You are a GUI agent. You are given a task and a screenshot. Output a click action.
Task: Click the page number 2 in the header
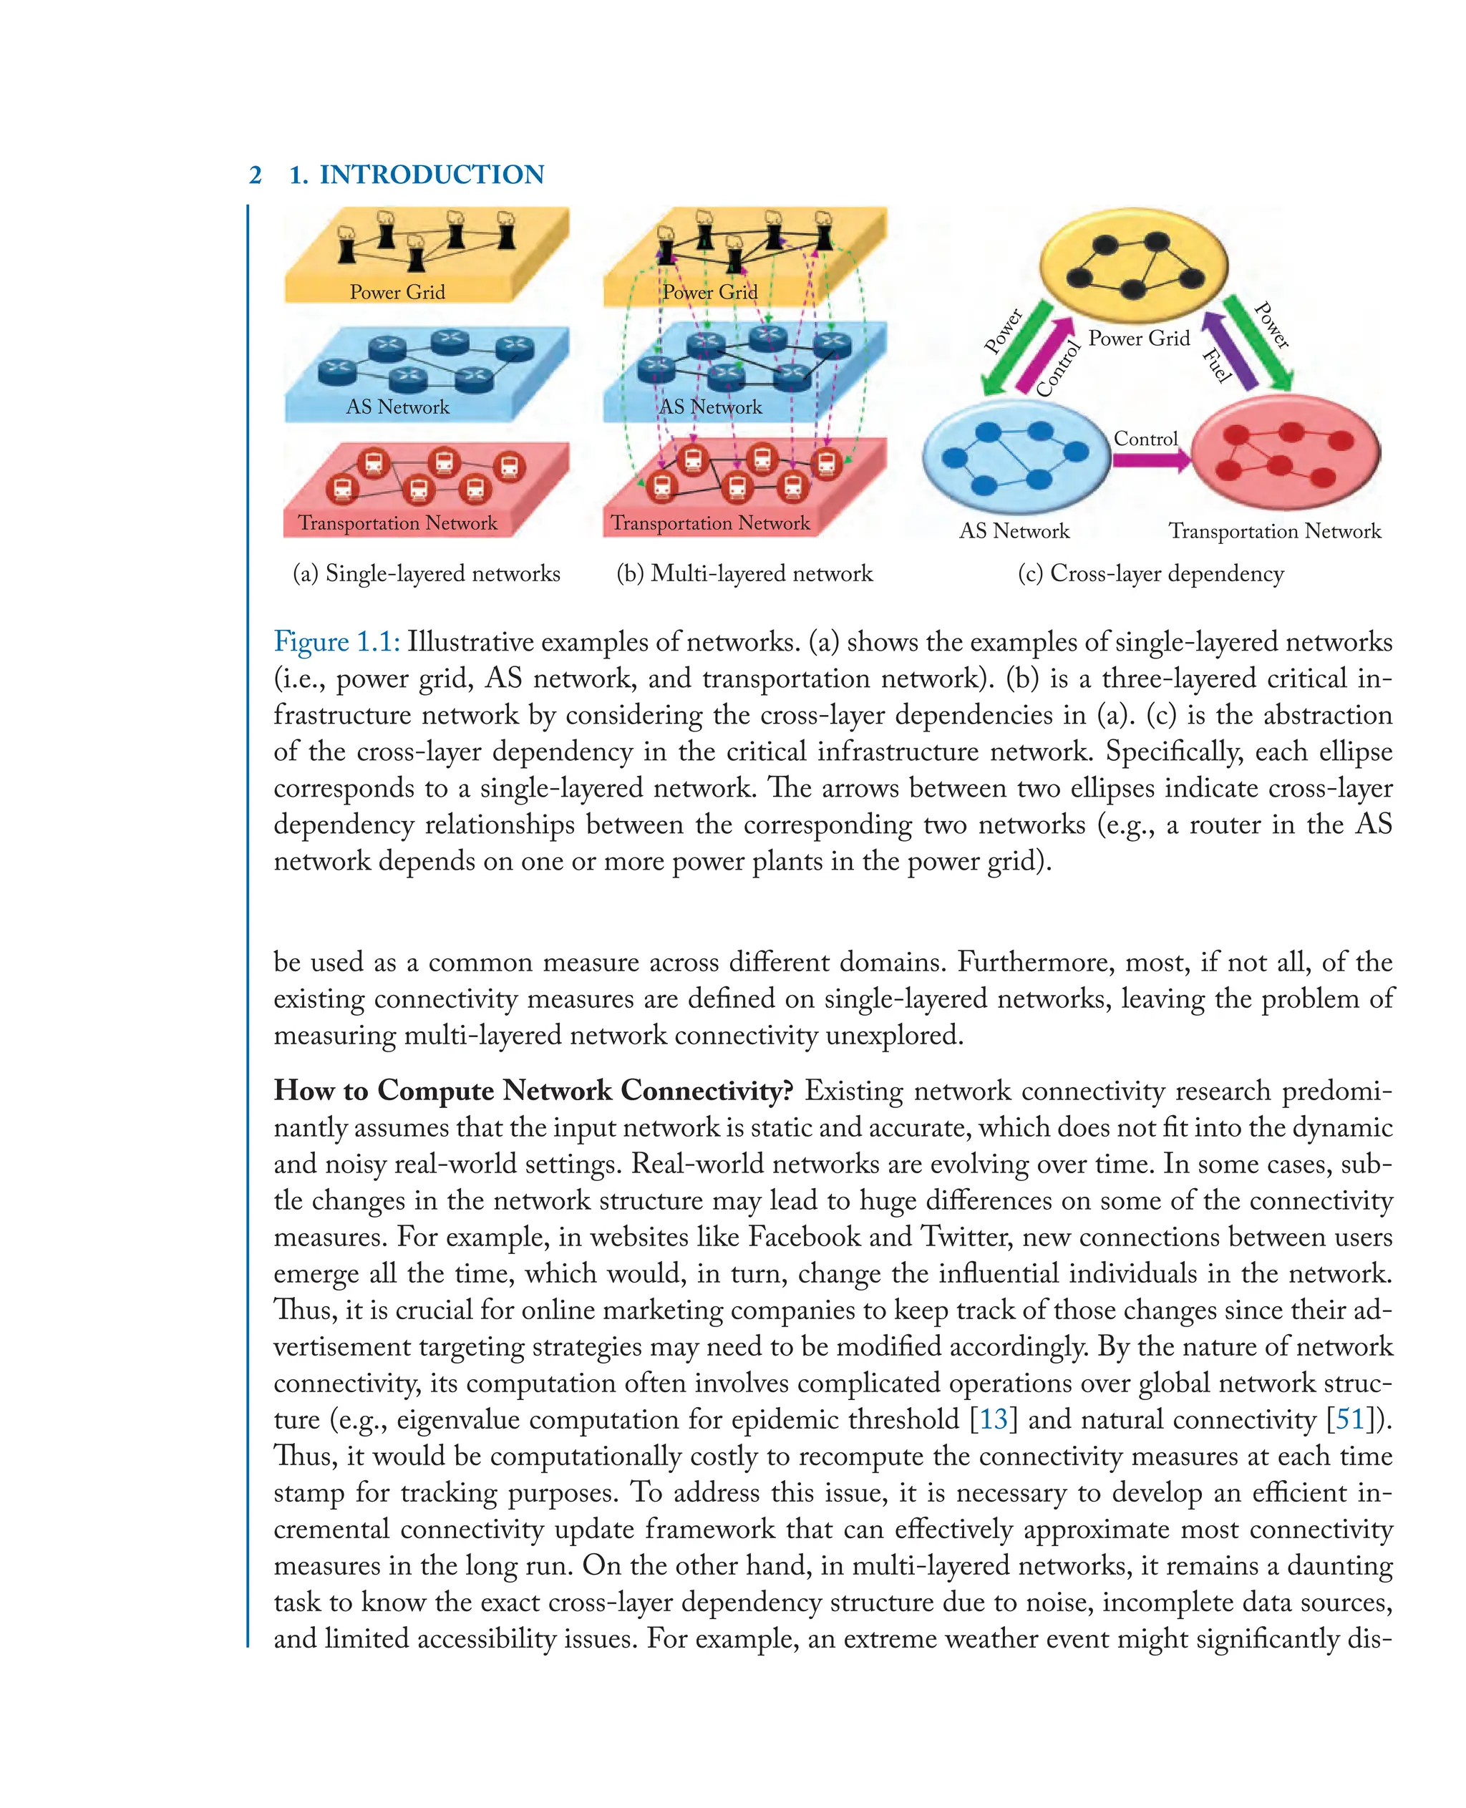(x=255, y=175)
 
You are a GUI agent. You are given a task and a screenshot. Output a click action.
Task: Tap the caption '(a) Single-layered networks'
(x=426, y=573)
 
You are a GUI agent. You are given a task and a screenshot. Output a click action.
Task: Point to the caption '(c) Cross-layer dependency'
(x=1150, y=573)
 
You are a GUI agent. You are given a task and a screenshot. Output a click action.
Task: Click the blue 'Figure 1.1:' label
(x=336, y=642)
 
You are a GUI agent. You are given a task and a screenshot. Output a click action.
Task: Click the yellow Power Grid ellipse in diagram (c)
(x=1132, y=263)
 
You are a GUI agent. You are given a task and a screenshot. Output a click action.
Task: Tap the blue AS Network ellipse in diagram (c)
(x=1014, y=457)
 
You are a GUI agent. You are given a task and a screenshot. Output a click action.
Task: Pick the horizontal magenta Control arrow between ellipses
(x=1150, y=460)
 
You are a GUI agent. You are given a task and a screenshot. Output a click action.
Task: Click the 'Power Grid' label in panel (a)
(x=397, y=292)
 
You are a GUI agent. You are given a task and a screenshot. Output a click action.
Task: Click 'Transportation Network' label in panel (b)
(x=710, y=523)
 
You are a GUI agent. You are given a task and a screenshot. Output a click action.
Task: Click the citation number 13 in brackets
(x=993, y=1419)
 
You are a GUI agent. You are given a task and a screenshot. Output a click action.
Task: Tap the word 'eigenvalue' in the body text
(x=457, y=1419)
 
